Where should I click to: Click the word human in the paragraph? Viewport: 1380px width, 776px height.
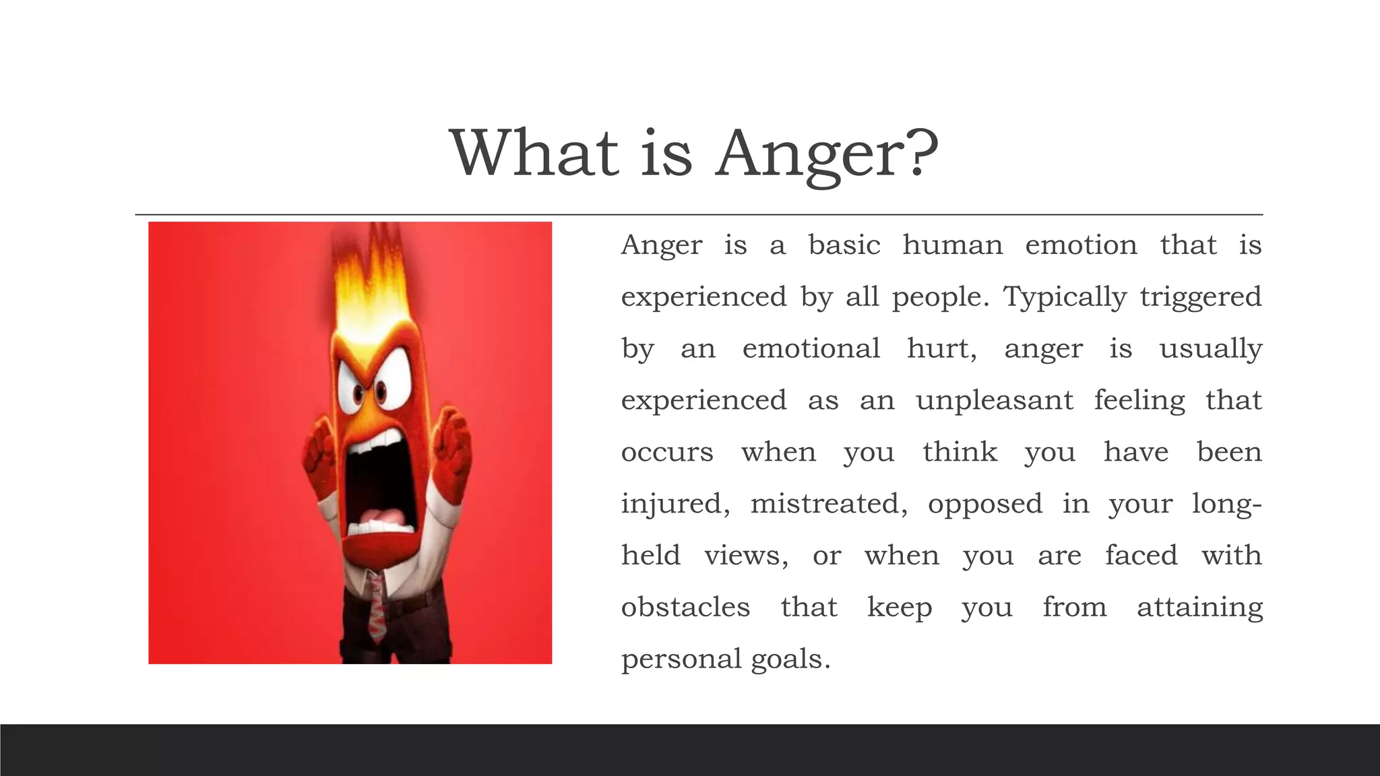pyautogui.click(x=952, y=245)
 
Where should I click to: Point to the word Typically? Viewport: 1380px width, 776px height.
pyautogui.click(x=1065, y=297)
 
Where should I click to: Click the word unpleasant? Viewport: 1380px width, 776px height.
pyautogui.click(x=994, y=401)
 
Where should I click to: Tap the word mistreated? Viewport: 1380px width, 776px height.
pyautogui.click(x=829, y=504)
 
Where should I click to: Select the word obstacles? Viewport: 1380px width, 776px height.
pyautogui.click(x=685, y=608)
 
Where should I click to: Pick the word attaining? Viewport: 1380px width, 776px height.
pyautogui.click(x=1199, y=608)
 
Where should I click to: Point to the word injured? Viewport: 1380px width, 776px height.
pyautogui.click(x=675, y=504)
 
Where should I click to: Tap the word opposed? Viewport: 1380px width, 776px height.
pyautogui.click(x=984, y=504)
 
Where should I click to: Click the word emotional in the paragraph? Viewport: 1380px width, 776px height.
pyautogui.click(x=811, y=349)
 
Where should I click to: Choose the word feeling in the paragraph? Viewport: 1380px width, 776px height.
pyautogui.click(x=1139, y=401)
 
